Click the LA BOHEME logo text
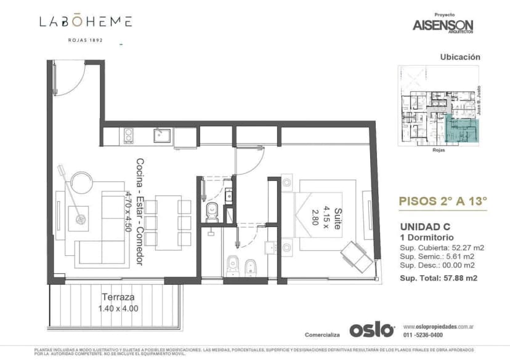pos(86,22)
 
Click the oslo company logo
pos(371,330)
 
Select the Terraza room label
pos(118,295)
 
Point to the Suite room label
pos(337,218)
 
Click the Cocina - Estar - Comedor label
pos(140,212)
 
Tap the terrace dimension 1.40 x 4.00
pos(118,308)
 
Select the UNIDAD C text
pos(424,226)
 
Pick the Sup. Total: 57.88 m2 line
pos(439,278)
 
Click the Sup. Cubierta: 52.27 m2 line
pos(442,247)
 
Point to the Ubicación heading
pos(459,57)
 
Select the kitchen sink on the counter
pos(163,134)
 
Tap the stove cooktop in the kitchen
pos(129,134)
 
